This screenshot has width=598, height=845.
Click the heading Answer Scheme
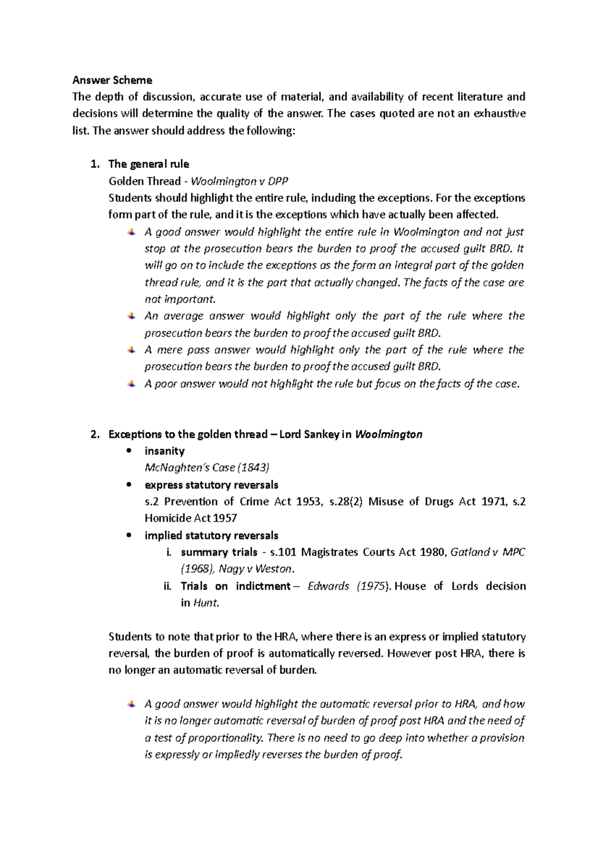(x=112, y=80)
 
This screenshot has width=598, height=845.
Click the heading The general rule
(x=149, y=164)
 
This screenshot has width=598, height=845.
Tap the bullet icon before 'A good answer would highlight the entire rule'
(x=131, y=232)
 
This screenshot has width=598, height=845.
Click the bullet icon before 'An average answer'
(x=131, y=316)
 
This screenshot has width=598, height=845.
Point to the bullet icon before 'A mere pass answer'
(x=131, y=350)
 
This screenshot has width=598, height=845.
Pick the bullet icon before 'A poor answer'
(x=131, y=384)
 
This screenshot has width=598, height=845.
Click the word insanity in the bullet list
(x=164, y=451)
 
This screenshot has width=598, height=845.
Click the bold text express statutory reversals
(x=211, y=485)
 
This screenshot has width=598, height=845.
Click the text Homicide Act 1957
(x=190, y=518)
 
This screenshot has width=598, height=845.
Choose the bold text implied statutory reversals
(x=211, y=535)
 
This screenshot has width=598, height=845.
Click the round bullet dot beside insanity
(x=129, y=451)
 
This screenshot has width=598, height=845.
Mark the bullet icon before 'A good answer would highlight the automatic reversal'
(x=131, y=704)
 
